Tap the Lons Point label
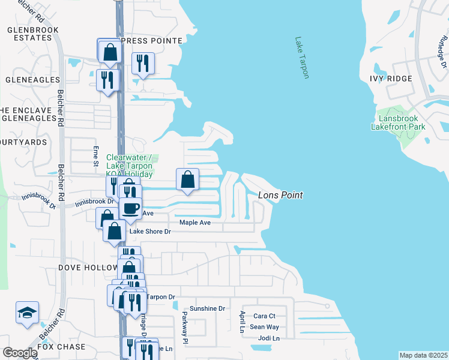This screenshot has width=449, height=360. [280, 196]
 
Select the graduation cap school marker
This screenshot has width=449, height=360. [27, 313]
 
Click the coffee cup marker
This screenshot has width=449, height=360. [130, 208]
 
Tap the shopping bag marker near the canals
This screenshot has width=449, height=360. [188, 179]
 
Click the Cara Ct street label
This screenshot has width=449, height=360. [264, 316]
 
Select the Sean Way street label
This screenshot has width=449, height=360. [264, 327]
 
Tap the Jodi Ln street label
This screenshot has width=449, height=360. [268, 338]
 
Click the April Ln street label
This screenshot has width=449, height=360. [242, 322]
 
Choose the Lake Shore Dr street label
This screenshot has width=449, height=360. [151, 231]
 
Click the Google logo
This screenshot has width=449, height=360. [19, 353]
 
